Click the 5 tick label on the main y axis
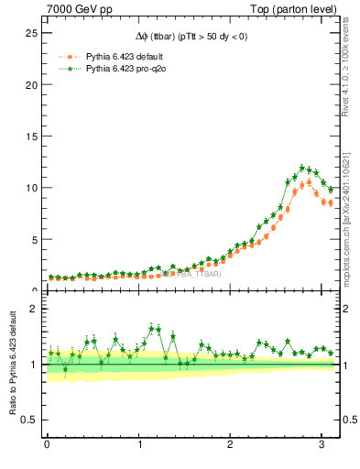(x=33, y=239)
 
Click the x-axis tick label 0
(x=47, y=446)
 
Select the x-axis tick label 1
(x=139, y=446)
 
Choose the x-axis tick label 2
(x=231, y=446)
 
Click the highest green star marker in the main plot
(x=302, y=168)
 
